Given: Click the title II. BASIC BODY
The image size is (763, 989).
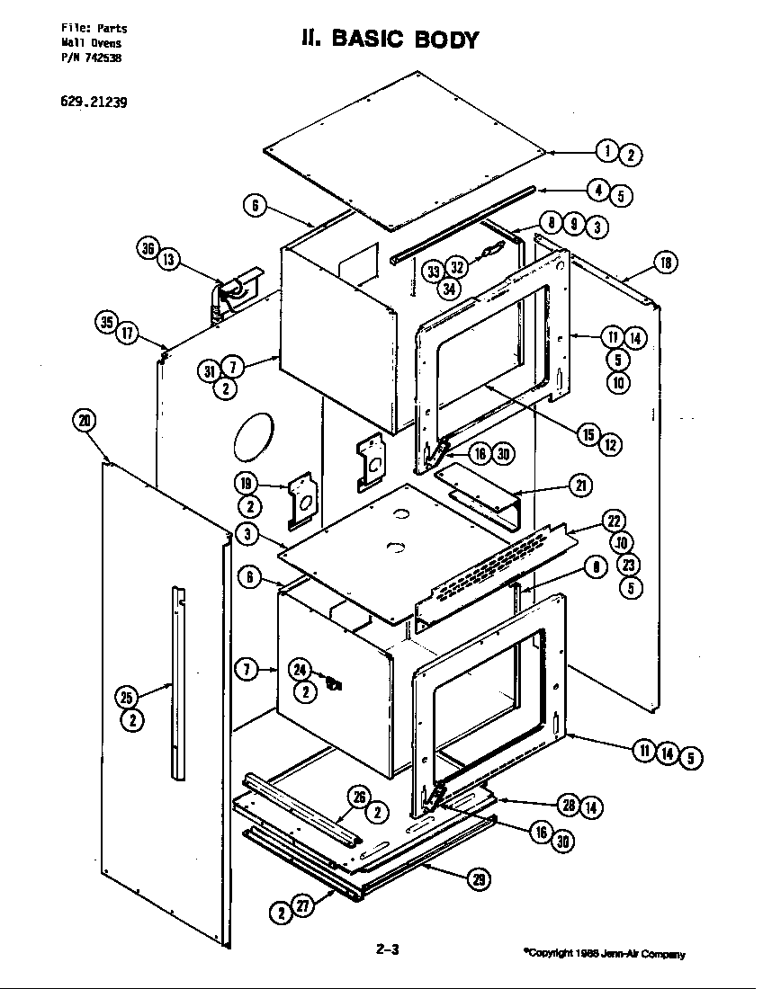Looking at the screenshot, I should pyautogui.click(x=389, y=39).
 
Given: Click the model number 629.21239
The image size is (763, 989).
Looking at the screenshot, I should pyautogui.click(x=94, y=102).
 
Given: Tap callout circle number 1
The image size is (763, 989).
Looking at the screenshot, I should pyautogui.click(x=609, y=151).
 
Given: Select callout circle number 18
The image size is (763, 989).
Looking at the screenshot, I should pyautogui.click(x=665, y=263).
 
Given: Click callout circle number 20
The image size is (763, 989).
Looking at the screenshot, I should pyautogui.click(x=85, y=420).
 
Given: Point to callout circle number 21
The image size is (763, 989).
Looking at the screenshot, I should pyautogui.click(x=580, y=486).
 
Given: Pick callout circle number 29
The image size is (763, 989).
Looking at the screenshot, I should pyautogui.click(x=477, y=880).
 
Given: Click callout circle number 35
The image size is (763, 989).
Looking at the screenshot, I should pyautogui.click(x=108, y=322).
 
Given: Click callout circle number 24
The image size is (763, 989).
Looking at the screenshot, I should pyautogui.click(x=300, y=669).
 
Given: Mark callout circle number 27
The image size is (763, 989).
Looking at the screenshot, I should pyautogui.click(x=303, y=908).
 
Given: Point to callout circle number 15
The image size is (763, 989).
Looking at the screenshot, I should pyautogui.click(x=588, y=434).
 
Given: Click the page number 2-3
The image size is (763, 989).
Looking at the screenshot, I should pyautogui.click(x=387, y=949).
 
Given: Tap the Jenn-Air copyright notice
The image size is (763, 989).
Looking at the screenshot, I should pyautogui.click(x=604, y=954).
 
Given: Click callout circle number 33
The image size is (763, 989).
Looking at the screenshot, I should pyautogui.click(x=435, y=271).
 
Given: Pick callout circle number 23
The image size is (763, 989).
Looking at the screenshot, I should pyautogui.click(x=628, y=565).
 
